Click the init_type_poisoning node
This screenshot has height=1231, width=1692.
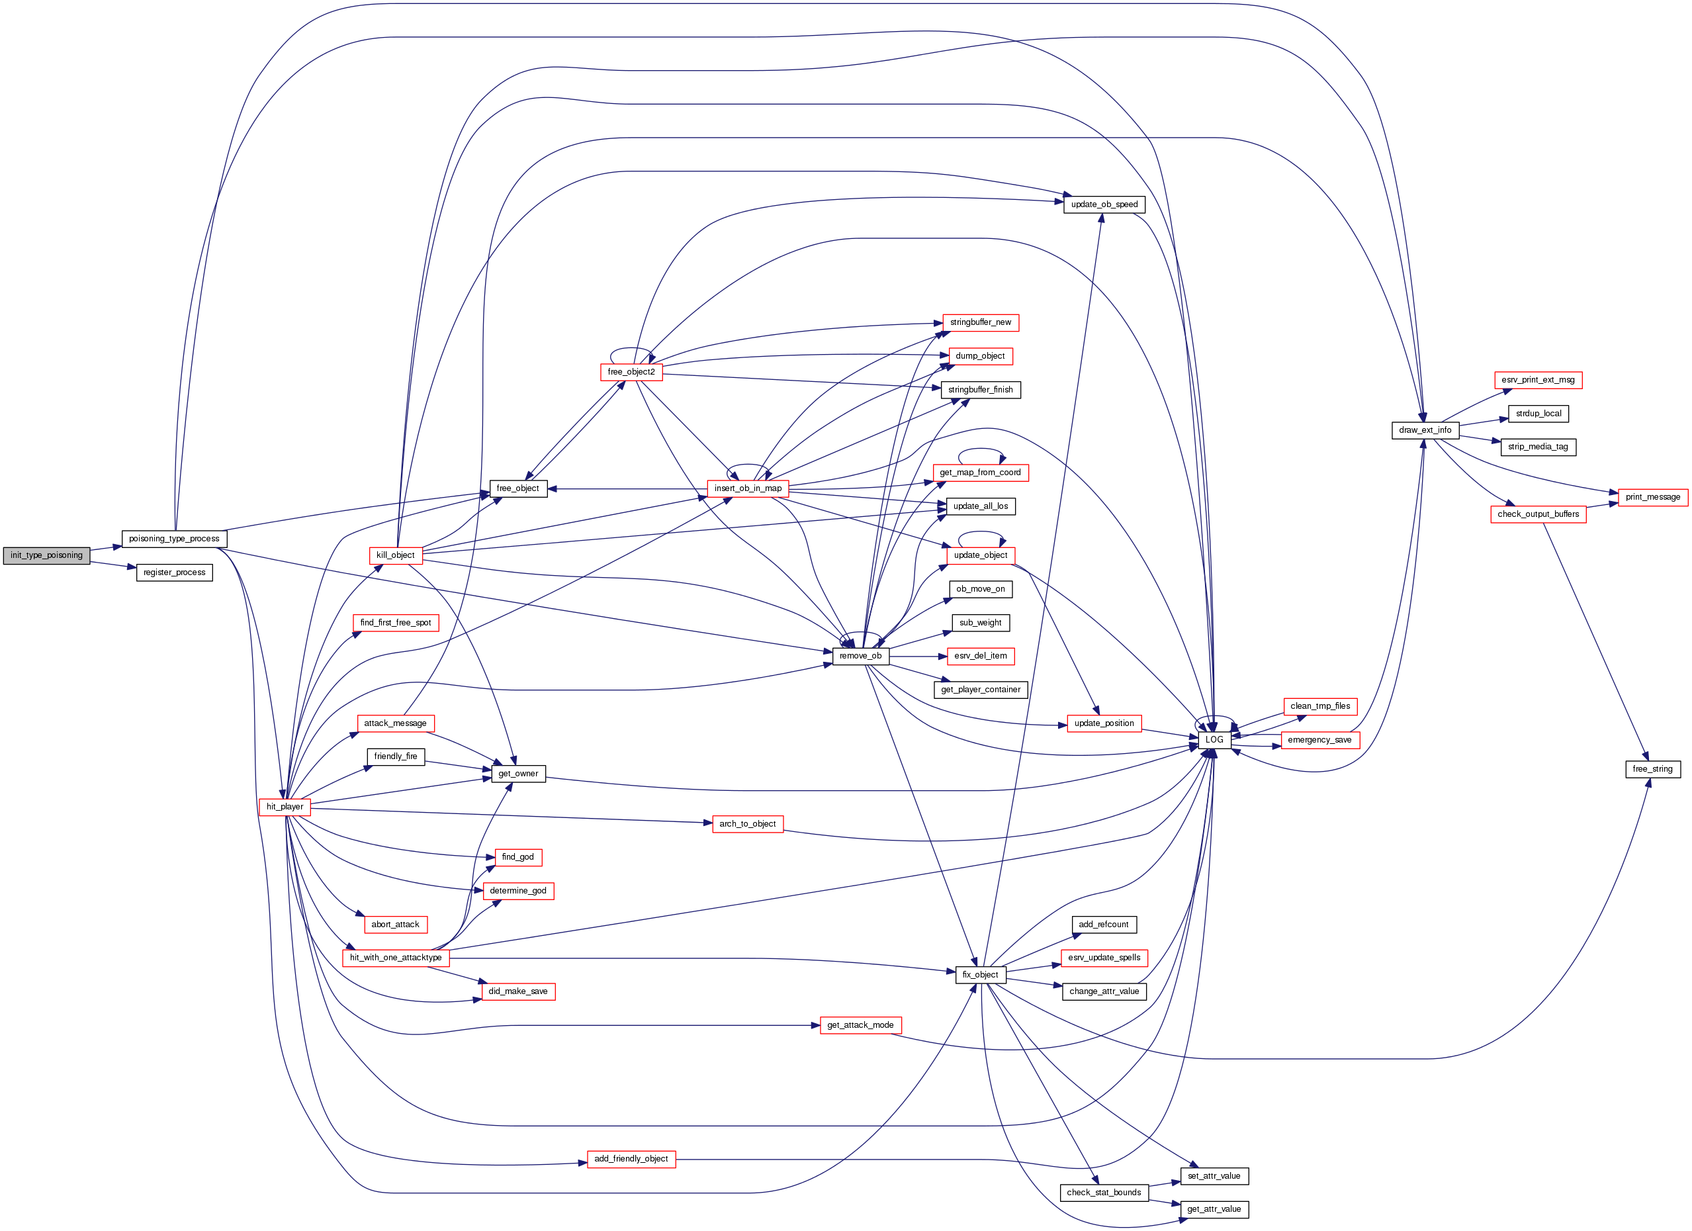click(46, 555)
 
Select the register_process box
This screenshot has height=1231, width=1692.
click(174, 572)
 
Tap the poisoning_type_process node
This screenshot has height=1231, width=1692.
click(174, 539)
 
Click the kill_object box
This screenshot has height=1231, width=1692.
click(396, 555)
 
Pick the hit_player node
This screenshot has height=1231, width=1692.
click(285, 807)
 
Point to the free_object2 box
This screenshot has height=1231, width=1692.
click(631, 371)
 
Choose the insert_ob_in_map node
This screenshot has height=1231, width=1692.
click(748, 488)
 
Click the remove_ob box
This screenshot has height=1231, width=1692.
click(860, 656)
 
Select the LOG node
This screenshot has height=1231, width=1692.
click(1214, 739)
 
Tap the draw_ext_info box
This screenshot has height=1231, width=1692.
click(1425, 430)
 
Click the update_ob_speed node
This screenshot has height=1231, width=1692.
click(1104, 205)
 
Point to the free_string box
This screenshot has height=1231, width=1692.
click(1652, 768)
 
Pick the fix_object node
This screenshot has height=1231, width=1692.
click(980, 974)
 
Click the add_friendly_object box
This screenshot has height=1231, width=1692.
click(631, 1159)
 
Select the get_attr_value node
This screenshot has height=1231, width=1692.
click(1214, 1209)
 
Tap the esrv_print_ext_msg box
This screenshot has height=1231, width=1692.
click(1538, 380)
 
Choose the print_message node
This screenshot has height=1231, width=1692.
click(1652, 497)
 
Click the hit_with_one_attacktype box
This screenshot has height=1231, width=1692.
click(396, 957)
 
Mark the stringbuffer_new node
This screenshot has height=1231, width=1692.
click(980, 322)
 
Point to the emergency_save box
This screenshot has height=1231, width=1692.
click(1319, 740)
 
